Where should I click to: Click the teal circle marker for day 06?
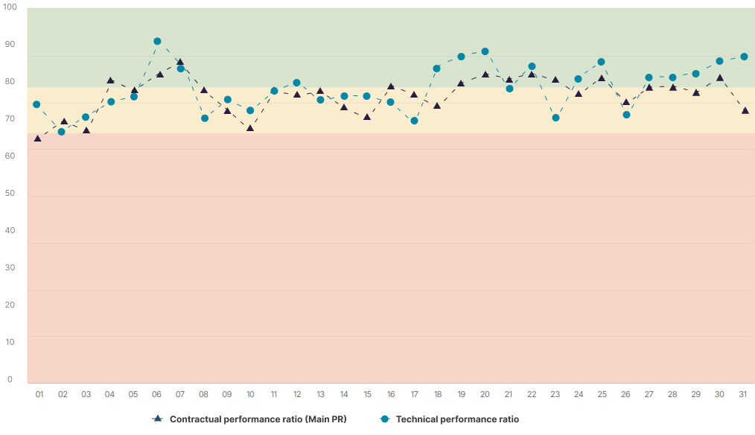pyautogui.click(x=157, y=42)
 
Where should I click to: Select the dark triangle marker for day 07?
pyautogui.click(x=180, y=63)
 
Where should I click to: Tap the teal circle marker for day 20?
pyautogui.click(x=485, y=51)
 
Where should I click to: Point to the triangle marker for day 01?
pyautogui.click(x=38, y=139)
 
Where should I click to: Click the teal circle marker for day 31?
pyautogui.click(x=743, y=57)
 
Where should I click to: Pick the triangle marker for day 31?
pyautogui.click(x=743, y=111)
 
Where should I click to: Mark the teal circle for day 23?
pyautogui.click(x=555, y=118)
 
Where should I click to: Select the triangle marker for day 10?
pyautogui.click(x=250, y=128)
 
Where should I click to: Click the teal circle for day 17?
pyautogui.click(x=415, y=121)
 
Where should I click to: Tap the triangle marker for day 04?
pyautogui.click(x=110, y=80)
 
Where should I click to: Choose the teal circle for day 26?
pyautogui.click(x=626, y=115)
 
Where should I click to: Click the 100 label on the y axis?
pyautogui.click(x=10, y=7)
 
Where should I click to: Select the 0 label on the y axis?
pyautogui.click(x=10, y=380)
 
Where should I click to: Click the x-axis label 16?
pyautogui.click(x=391, y=394)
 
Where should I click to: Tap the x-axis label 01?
pyautogui.click(x=39, y=394)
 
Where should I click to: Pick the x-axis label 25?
pyautogui.click(x=602, y=394)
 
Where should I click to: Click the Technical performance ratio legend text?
pyautogui.click(x=457, y=419)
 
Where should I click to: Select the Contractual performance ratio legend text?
pyautogui.click(x=258, y=419)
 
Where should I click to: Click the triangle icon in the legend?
pyautogui.click(x=157, y=419)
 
